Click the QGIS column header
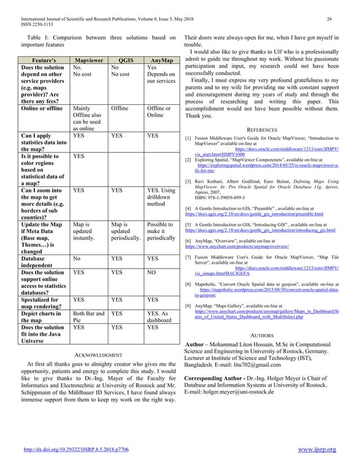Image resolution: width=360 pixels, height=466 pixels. (x=127, y=60)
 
